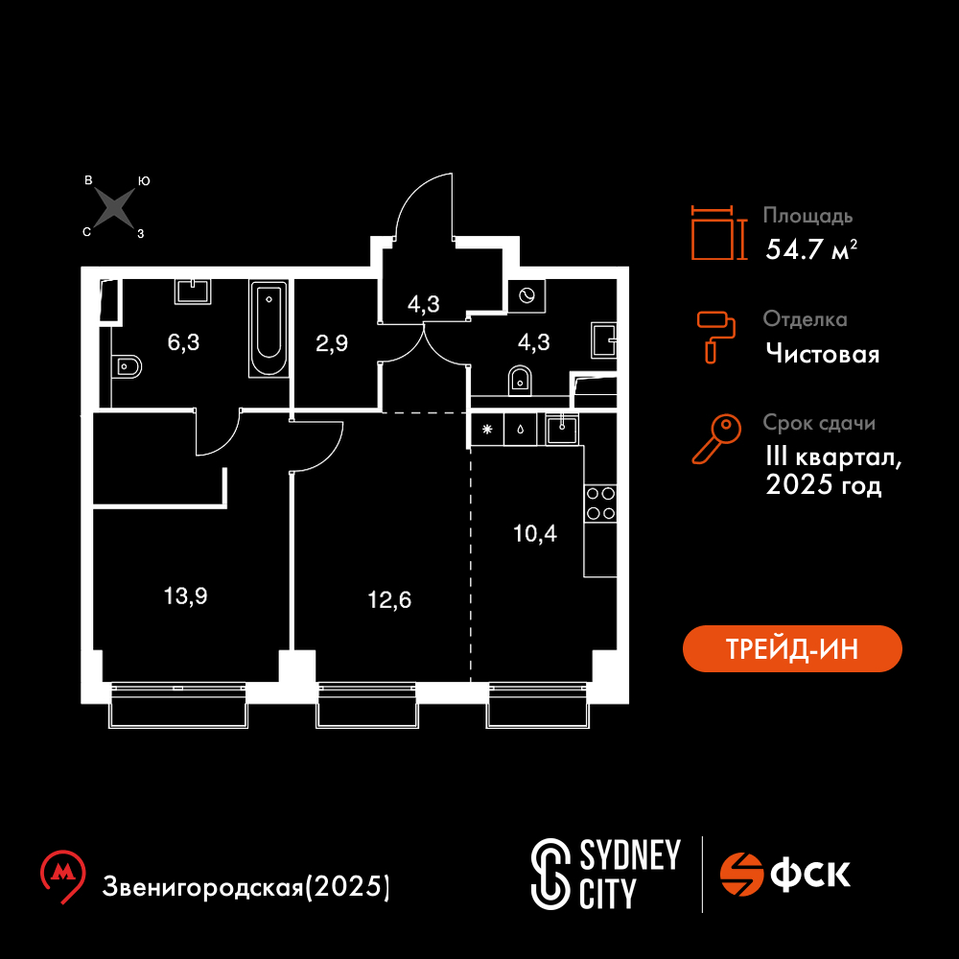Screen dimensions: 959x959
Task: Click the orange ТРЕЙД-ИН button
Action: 792,648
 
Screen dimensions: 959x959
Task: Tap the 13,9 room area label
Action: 185,596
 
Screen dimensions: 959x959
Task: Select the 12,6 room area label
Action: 389,600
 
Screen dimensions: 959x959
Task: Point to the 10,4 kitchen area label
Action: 534,534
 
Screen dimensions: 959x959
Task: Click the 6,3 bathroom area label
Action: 183,342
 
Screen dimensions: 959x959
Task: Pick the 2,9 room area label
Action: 332,343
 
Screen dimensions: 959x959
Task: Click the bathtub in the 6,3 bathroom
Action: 269,328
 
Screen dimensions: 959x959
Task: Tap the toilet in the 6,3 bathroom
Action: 128,367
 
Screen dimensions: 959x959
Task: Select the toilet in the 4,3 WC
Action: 520,381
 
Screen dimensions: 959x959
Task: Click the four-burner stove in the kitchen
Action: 600,503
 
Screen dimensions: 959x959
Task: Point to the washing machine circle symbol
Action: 526,296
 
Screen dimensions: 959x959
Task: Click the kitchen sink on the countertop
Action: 562,430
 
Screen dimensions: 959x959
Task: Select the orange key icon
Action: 716,438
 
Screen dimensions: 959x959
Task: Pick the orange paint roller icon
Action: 716,337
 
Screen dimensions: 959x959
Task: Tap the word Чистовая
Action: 823,354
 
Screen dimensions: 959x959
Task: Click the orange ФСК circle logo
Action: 741,874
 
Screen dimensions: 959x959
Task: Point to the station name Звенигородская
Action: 202,887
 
